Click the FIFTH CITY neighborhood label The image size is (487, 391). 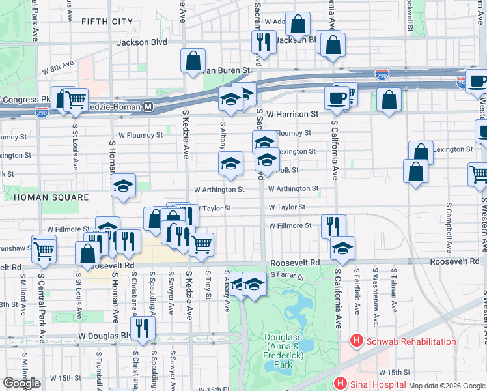coord(107,22)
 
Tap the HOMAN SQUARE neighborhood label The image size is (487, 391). coord(42,197)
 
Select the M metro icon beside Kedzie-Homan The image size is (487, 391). coord(148,106)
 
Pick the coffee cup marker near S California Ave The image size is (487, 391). coord(337,98)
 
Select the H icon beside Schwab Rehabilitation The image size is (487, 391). coord(356,341)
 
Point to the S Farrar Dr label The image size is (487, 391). coord(288,277)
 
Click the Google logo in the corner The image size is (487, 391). coord(21,383)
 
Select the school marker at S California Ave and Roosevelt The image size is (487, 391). coord(342,248)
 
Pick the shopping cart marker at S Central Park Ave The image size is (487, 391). coord(44,248)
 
